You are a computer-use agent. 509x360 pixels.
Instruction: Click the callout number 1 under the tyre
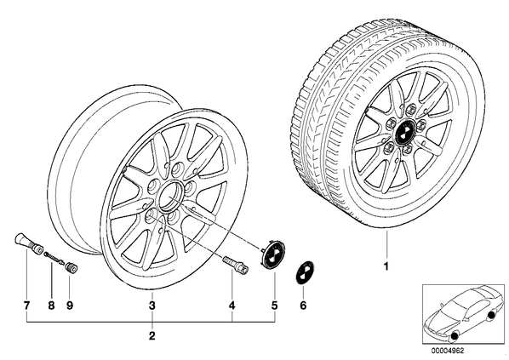pos(386,266)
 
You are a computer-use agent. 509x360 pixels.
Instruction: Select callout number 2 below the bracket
pos(152,336)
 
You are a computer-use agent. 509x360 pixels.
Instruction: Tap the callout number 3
pos(152,306)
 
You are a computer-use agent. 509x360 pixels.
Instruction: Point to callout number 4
pos(232,306)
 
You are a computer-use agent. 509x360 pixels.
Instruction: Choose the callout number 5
pos(275,306)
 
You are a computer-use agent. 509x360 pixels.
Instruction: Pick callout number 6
pos(303,306)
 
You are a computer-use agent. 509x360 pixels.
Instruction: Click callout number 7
pos(26,306)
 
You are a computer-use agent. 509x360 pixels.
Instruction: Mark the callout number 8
pos(51,306)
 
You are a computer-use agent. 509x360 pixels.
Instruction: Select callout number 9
pos(70,306)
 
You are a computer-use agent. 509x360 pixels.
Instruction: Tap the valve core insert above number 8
pos(54,259)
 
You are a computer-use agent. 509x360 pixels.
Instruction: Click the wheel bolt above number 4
pos(235,264)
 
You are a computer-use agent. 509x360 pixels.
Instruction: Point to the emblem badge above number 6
pos(304,272)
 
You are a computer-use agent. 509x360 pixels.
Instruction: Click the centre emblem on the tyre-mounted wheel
pos(403,132)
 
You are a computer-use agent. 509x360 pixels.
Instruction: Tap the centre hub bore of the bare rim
pos(169,197)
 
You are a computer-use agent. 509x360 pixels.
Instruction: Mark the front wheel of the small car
pos(454,335)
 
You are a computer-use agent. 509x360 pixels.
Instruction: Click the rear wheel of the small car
pos(491,314)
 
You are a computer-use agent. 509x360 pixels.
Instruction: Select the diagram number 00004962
pos(448,351)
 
